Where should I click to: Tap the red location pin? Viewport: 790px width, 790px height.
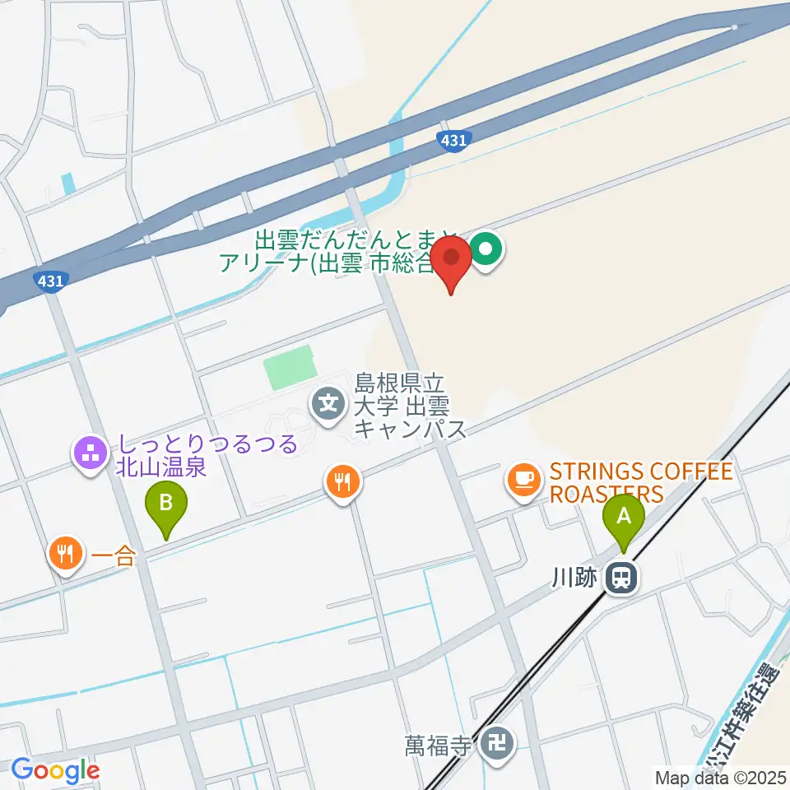coord(452,257)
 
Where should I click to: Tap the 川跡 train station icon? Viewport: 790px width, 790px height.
coord(621,578)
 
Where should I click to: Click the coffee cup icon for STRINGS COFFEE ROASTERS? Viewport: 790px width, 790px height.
coord(522,478)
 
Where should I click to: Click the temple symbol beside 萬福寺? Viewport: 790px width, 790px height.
coord(498,744)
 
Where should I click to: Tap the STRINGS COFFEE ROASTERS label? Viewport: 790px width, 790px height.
coord(640,483)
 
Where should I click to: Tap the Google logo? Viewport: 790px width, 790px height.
coord(55,771)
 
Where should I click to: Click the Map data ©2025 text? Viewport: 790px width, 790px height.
coord(720,777)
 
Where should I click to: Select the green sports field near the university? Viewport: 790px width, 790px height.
coord(289,368)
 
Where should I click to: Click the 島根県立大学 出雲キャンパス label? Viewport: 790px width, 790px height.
coord(410,406)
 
